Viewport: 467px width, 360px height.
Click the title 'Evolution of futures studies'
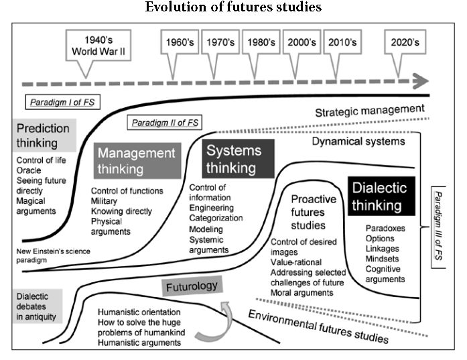tap(233, 8)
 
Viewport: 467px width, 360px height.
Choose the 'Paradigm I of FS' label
tap(57, 103)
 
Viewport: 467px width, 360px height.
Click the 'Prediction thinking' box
tap(44, 135)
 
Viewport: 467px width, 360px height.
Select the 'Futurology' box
tap(191, 286)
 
